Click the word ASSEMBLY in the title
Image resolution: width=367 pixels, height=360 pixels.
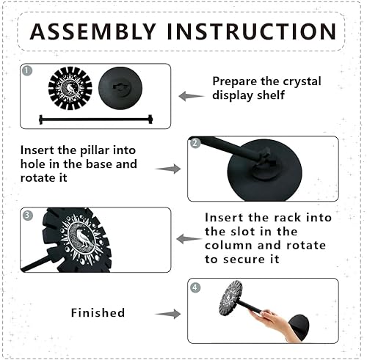(x=92, y=32)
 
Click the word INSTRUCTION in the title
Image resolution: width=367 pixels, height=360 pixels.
(x=252, y=32)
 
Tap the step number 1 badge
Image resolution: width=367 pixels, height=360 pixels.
(x=27, y=71)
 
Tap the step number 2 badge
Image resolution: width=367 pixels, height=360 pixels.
(x=195, y=144)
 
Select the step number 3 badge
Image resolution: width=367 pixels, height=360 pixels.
(x=27, y=215)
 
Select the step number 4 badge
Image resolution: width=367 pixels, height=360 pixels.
(x=195, y=287)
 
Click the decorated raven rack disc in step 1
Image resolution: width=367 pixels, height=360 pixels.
(x=70, y=88)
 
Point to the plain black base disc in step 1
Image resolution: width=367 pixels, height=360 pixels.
(x=120, y=88)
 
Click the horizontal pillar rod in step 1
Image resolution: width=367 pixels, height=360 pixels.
(x=96, y=120)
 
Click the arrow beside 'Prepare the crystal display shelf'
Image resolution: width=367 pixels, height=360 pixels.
(x=192, y=96)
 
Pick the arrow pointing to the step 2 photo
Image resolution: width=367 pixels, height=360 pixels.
(x=168, y=169)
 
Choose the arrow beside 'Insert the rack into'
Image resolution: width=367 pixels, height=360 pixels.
(x=189, y=239)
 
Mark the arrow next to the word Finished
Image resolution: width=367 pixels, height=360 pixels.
(x=168, y=314)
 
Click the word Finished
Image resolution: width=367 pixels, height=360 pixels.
(x=98, y=312)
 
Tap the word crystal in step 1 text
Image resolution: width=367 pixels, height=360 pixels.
(x=302, y=81)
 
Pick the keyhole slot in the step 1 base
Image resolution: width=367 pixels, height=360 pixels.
(x=120, y=87)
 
